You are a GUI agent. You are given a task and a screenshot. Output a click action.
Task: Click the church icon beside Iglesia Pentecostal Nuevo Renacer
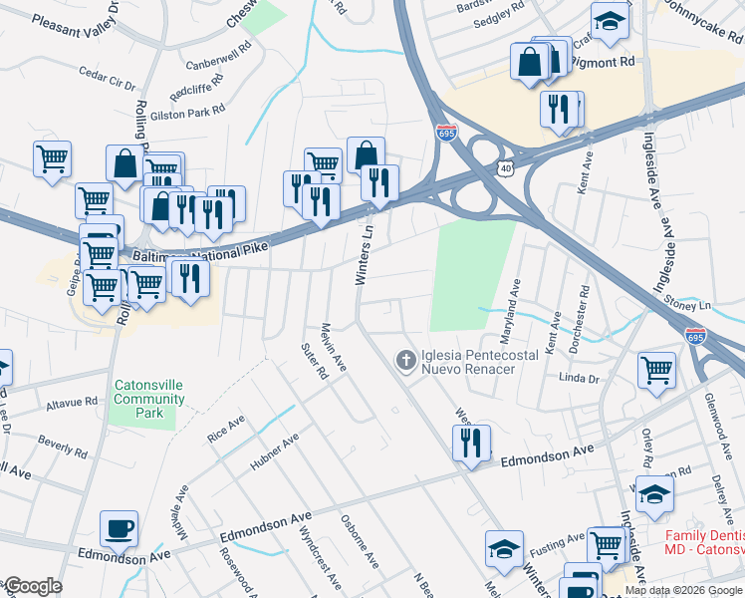(x=405, y=360)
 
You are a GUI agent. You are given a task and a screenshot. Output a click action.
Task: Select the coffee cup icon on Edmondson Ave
(x=120, y=529)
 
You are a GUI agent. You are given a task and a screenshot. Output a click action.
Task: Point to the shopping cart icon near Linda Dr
(x=656, y=371)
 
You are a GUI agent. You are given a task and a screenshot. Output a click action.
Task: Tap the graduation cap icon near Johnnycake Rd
(x=609, y=20)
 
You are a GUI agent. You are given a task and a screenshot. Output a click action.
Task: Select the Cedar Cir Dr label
(x=107, y=78)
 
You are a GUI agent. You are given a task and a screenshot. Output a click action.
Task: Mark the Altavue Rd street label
(x=72, y=404)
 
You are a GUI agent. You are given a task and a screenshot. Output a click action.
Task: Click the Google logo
(x=32, y=586)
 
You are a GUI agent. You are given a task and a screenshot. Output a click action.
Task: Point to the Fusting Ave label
(x=557, y=543)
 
